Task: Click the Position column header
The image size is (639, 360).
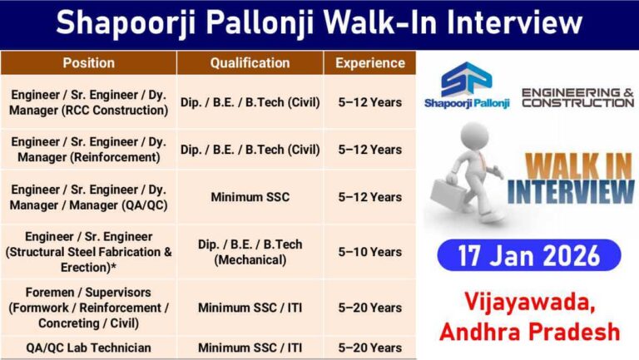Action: (x=88, y=63)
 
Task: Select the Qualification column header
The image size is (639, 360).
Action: (x=250, y=63)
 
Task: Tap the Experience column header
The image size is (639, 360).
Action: (x=370, y=63)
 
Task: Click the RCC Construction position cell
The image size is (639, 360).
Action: (x=88, y=102)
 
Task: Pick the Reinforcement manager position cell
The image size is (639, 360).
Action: (x=88, y=150)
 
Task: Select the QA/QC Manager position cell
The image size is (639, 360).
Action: (x=88, y=197)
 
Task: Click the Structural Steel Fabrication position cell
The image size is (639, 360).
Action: (x=88, y=251)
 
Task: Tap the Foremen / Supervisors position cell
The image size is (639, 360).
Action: (x=88, y=307)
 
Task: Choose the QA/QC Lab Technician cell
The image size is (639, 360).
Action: (x=88, y=348)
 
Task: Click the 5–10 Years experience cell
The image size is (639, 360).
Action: (x=370, y=252)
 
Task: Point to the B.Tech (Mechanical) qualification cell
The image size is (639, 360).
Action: (x=250, y=252)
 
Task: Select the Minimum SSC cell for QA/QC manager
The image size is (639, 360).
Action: (x=250, y=197)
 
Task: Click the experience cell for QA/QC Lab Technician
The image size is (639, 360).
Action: (x=370, y=348)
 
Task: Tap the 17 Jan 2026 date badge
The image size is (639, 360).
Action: (x=528, y=255)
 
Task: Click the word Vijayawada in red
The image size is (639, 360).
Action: (x=529, y=303)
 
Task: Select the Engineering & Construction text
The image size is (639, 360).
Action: (x=577, y=96)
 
